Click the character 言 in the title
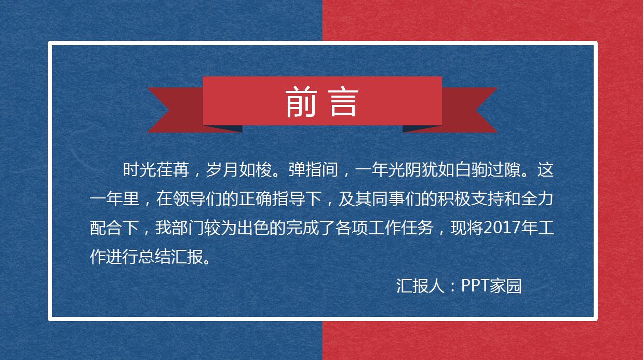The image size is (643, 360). [x=343, y=102]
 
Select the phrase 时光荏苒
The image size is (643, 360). [x=157, y=170]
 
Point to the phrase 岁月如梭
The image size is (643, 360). [x=241, y=170]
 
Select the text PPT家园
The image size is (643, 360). [x=491, y=286]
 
